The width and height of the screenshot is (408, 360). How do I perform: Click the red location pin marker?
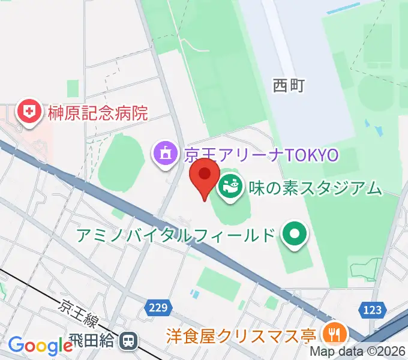coord(204,175)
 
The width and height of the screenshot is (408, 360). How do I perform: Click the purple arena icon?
coord(164,154)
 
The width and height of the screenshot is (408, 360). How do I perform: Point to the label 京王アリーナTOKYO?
coord(262,155)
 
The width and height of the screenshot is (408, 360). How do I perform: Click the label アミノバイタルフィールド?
coord(175,235)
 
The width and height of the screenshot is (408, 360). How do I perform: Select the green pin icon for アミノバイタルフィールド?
coord(294,235)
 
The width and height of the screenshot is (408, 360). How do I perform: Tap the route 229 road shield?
coord(157,308)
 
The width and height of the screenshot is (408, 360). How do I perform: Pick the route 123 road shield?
coord(372,309)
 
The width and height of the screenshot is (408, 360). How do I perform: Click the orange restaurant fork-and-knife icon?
coord(332,333)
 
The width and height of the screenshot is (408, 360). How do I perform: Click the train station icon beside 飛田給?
coord(128,341)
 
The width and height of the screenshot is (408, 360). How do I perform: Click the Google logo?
coord(40,346)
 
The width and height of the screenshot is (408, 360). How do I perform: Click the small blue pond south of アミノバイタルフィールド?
coord(193,295)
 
